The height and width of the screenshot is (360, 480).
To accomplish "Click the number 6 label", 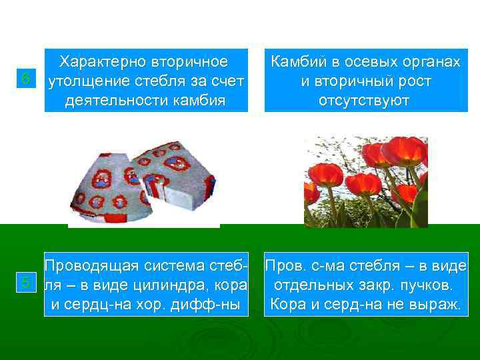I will pos(25,79).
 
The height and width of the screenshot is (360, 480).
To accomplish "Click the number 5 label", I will pos(25,283).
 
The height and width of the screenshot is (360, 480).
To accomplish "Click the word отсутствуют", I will pos(366,100).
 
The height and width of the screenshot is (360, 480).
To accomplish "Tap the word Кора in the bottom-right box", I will pos(287,305).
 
